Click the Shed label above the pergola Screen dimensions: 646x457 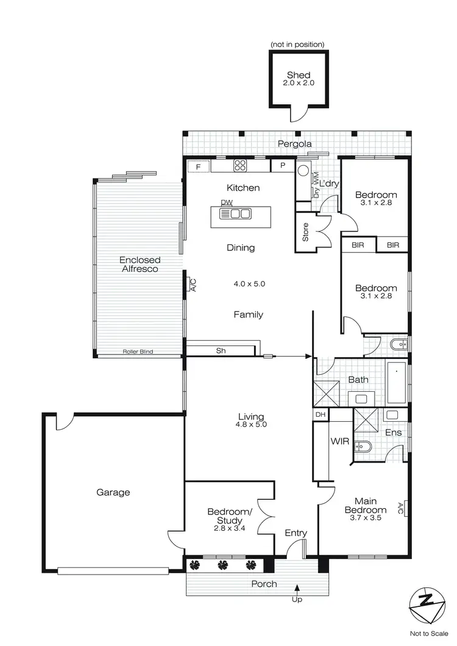(299, 75)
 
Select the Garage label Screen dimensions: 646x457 (113, 492)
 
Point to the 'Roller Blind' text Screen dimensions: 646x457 (137, 352)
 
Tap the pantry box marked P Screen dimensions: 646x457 (283, 166)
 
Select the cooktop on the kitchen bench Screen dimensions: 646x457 (239, 165)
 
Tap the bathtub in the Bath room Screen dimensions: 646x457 (397, 382)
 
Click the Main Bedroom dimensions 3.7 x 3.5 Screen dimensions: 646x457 (366, 518)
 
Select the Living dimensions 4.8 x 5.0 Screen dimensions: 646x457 (252, 425)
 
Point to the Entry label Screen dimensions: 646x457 (296, 533)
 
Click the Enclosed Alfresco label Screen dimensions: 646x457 (140, 264)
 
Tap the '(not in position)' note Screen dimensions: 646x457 (298, 44)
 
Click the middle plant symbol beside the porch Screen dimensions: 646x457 (223, 564)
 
